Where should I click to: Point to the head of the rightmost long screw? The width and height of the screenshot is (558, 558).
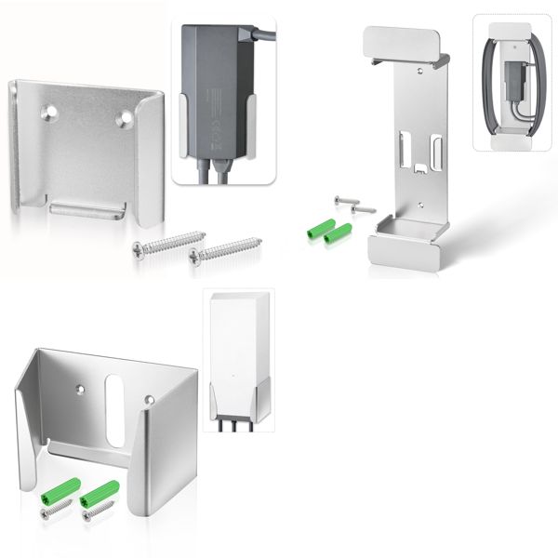[x=194, y=252]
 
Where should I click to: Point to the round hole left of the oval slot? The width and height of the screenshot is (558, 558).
[x=80, y=381]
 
